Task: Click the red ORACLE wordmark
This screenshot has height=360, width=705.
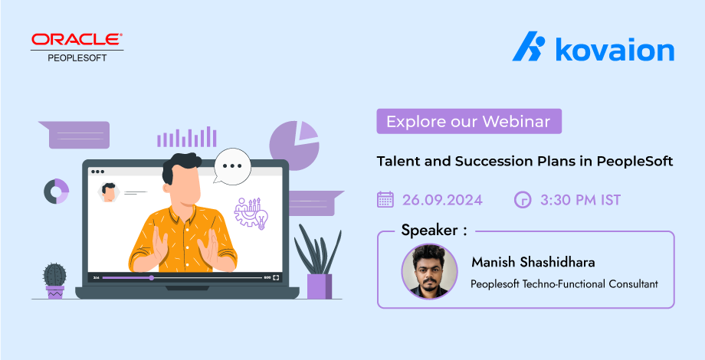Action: pyautogui.click(x=77, y=39)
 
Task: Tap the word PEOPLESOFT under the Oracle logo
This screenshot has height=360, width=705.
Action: pyautogui.click(x=77, y=58)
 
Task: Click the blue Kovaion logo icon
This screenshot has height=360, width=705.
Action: pyautogui.click(x=529, y=46)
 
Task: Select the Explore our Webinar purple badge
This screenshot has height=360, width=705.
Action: pyautogui.click(x=469, y=121)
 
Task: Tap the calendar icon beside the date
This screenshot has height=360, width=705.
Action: pyautogui.click(x=385, y=199)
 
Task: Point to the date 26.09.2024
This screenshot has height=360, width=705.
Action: pyautogui.click(x=442, y=200)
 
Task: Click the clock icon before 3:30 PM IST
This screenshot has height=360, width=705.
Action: pyautogui.click(x=523, y=200)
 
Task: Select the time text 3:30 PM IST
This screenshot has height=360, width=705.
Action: pyautogui.click(x=580, y=200)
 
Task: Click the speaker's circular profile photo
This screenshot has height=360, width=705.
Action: pyautogui.click(x=429, y=271)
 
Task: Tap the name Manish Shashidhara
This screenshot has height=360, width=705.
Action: pyautogui.click(x=533, y=262)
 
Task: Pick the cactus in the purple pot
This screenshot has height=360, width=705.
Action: pyautogui.click(x=55, y=280)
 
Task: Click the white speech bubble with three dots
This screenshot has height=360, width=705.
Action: pyautogui.click(x=231, y=166)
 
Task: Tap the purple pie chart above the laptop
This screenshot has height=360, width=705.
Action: pyautogui.click(x=294, y=146)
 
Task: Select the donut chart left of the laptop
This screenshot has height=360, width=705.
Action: pyautogui.click(x=56, y=191)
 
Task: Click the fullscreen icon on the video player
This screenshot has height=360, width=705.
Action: pyautogui.click(x=276, y=278)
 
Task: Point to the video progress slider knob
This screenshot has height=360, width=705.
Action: pyautogui.click(x=152, y=278)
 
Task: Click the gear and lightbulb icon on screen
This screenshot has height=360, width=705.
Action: pyautogui.click(x=251, y=214)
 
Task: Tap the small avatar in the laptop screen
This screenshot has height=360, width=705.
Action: pyautogui.click(x=108, y=192)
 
